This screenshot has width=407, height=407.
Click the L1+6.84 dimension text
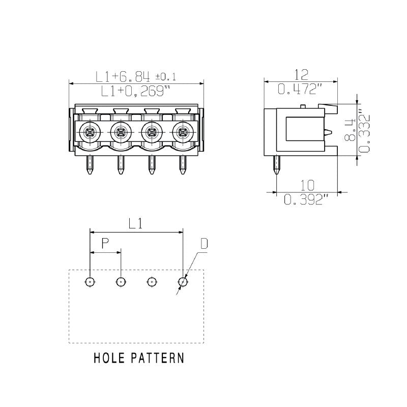[123, 77]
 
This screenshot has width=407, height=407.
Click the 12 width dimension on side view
[301, 75]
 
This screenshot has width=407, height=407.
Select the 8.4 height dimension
[351, 130]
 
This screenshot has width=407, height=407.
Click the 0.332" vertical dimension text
[364, 130]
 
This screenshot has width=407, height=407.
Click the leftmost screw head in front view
[90, 133]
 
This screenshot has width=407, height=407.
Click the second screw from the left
[121, 133]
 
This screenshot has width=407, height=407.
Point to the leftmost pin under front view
[90, 165]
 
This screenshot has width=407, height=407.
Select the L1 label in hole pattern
[136, 223]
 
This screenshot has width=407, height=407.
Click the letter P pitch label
[105, 244]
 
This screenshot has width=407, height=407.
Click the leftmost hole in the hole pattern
[90, 281]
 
